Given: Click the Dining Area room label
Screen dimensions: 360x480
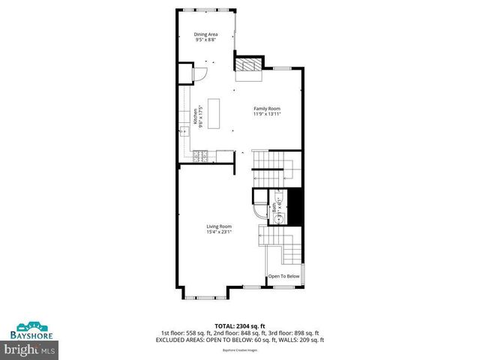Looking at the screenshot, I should [x=205, y=34].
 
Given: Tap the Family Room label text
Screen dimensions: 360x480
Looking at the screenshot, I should [x=266, y=109].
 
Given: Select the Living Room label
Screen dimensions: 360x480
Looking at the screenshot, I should [x=220, y=226].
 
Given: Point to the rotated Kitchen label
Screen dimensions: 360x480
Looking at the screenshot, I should [x=194, y=116].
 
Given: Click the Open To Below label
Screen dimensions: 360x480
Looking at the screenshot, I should [x=283, y=275].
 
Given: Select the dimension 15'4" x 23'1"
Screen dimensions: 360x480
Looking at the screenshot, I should [x=220, y=232].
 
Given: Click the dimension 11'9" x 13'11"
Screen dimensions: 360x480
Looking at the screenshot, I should [x=266, y=114].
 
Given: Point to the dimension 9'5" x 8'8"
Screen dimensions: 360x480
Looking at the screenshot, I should [x=205, y=40].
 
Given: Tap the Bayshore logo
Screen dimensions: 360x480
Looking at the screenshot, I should [x=29, y=331].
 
